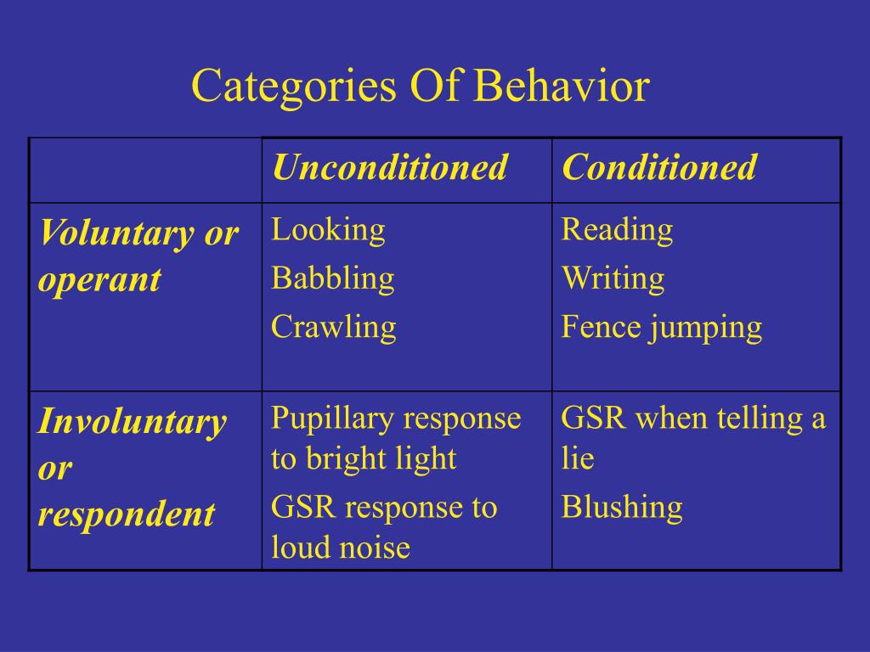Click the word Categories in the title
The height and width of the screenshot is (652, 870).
(294, 87)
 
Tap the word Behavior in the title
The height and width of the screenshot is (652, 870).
(561, 86)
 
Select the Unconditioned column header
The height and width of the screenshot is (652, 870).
(389, 166)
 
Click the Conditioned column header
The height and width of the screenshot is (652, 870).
(659, 166)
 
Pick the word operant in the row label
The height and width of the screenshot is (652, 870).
(100, 280)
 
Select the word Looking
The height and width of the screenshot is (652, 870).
(328, 231)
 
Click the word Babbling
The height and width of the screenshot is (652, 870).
(333, 278)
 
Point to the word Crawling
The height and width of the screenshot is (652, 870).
(333, 327)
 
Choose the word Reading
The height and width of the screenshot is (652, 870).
(617, 231)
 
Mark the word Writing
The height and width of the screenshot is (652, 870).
(613, 278)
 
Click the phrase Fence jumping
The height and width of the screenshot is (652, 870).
(661, 328)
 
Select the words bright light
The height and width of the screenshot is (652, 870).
(381, 459)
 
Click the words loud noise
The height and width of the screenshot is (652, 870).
(341, 548)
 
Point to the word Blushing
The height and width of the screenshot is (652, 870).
(622, 508)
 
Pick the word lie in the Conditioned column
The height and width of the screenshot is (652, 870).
(578, 458)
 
